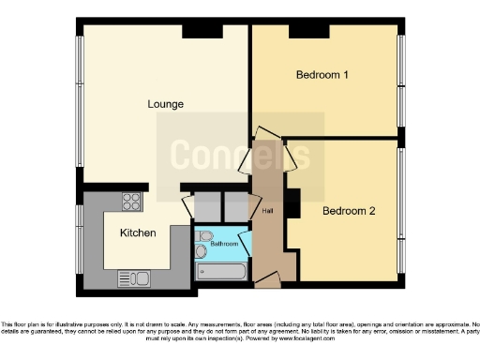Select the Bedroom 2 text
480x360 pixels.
point(349,211)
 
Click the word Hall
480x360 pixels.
point(267,211)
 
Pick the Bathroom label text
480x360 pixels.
point(224,244)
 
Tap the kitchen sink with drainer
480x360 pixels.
point(133,277)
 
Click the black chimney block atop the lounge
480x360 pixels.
point(198,31)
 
